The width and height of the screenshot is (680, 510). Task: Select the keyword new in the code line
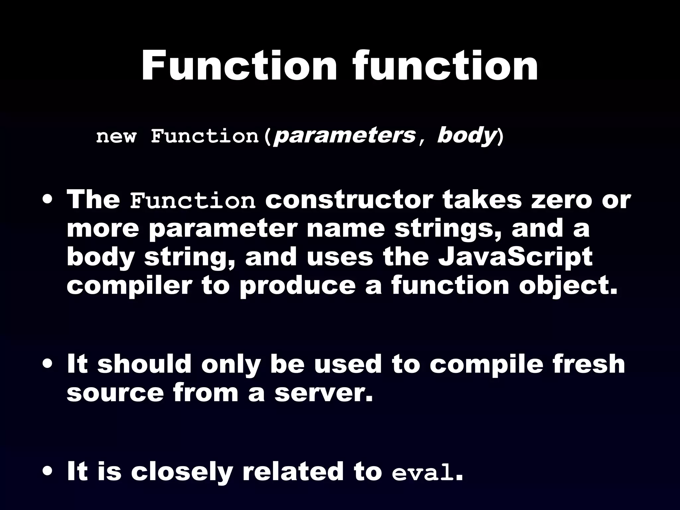pos(116,136)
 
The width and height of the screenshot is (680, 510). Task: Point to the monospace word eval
pos(422,473)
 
